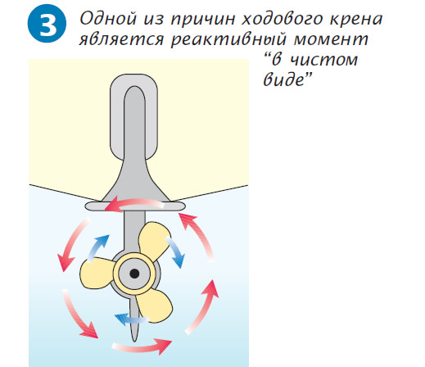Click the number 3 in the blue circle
click(x=47, y=24)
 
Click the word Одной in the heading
click(x=108, y=19)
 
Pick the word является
click(x=121, y=39)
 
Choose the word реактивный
click(x=228, y=40)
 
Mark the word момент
click(x=331, y=40)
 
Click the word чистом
click(x=323, y=60)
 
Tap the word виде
click(x=284, y=79)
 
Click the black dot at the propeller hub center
click(x=134, y=273)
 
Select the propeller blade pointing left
click(x=97, y=274)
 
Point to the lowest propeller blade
click(x=154, y=306)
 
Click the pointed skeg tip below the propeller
click(x=134, y=340)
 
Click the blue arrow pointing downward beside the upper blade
click(x=175, y=251)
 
